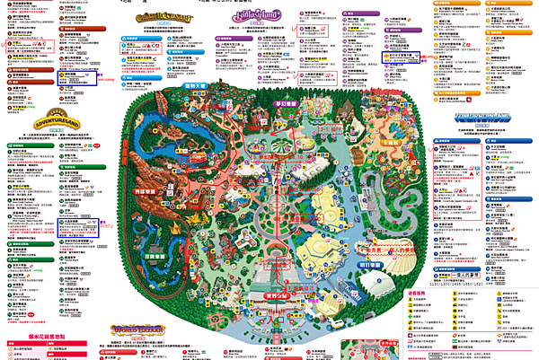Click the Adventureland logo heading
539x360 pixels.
tap(34, 119)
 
